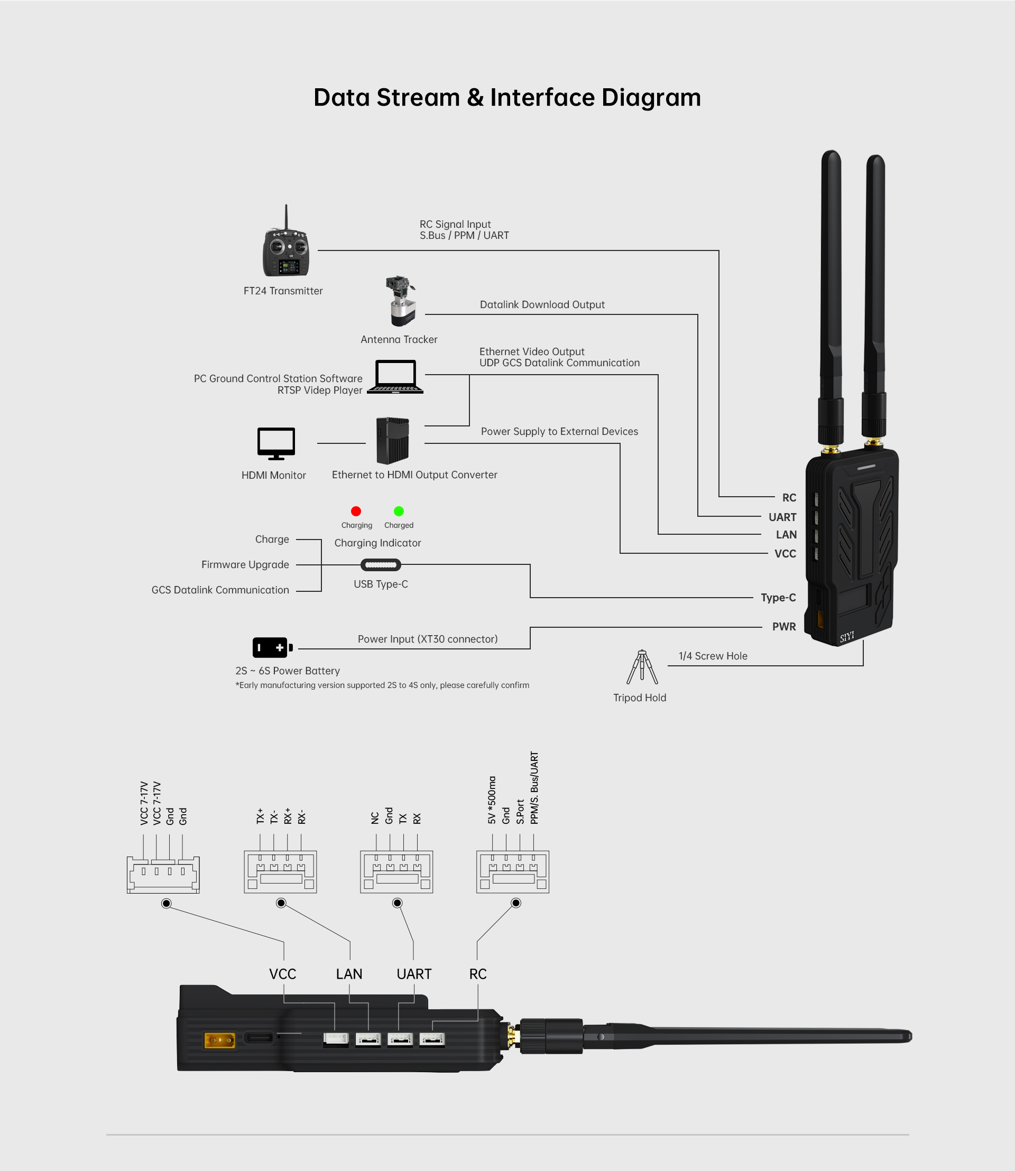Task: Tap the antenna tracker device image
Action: (x=401, y=301)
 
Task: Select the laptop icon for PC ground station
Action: (x=395, y=377)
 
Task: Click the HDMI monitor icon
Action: (x=276, y=443)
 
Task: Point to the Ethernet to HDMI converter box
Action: (x=392, y=441)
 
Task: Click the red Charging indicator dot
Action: (x=356, y=512)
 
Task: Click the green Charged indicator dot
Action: (x=399, y=512)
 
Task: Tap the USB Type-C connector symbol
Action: (x=381, y=564)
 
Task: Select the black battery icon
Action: (x=272, y=647)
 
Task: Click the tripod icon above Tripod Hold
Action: (x=642, y=667)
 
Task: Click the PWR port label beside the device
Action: (x=784, y=627)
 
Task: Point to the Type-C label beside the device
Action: (x=778, y=598)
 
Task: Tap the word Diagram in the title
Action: (x=651, y=98)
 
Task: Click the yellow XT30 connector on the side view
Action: (x=220, y=1040)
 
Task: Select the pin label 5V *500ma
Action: (x=492, y=800)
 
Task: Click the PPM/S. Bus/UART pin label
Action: (x=534, y=788)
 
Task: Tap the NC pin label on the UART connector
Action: (x=375, y=818)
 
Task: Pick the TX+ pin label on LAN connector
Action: (x=260, y=816)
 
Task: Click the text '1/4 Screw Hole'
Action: (x=713, y=656)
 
